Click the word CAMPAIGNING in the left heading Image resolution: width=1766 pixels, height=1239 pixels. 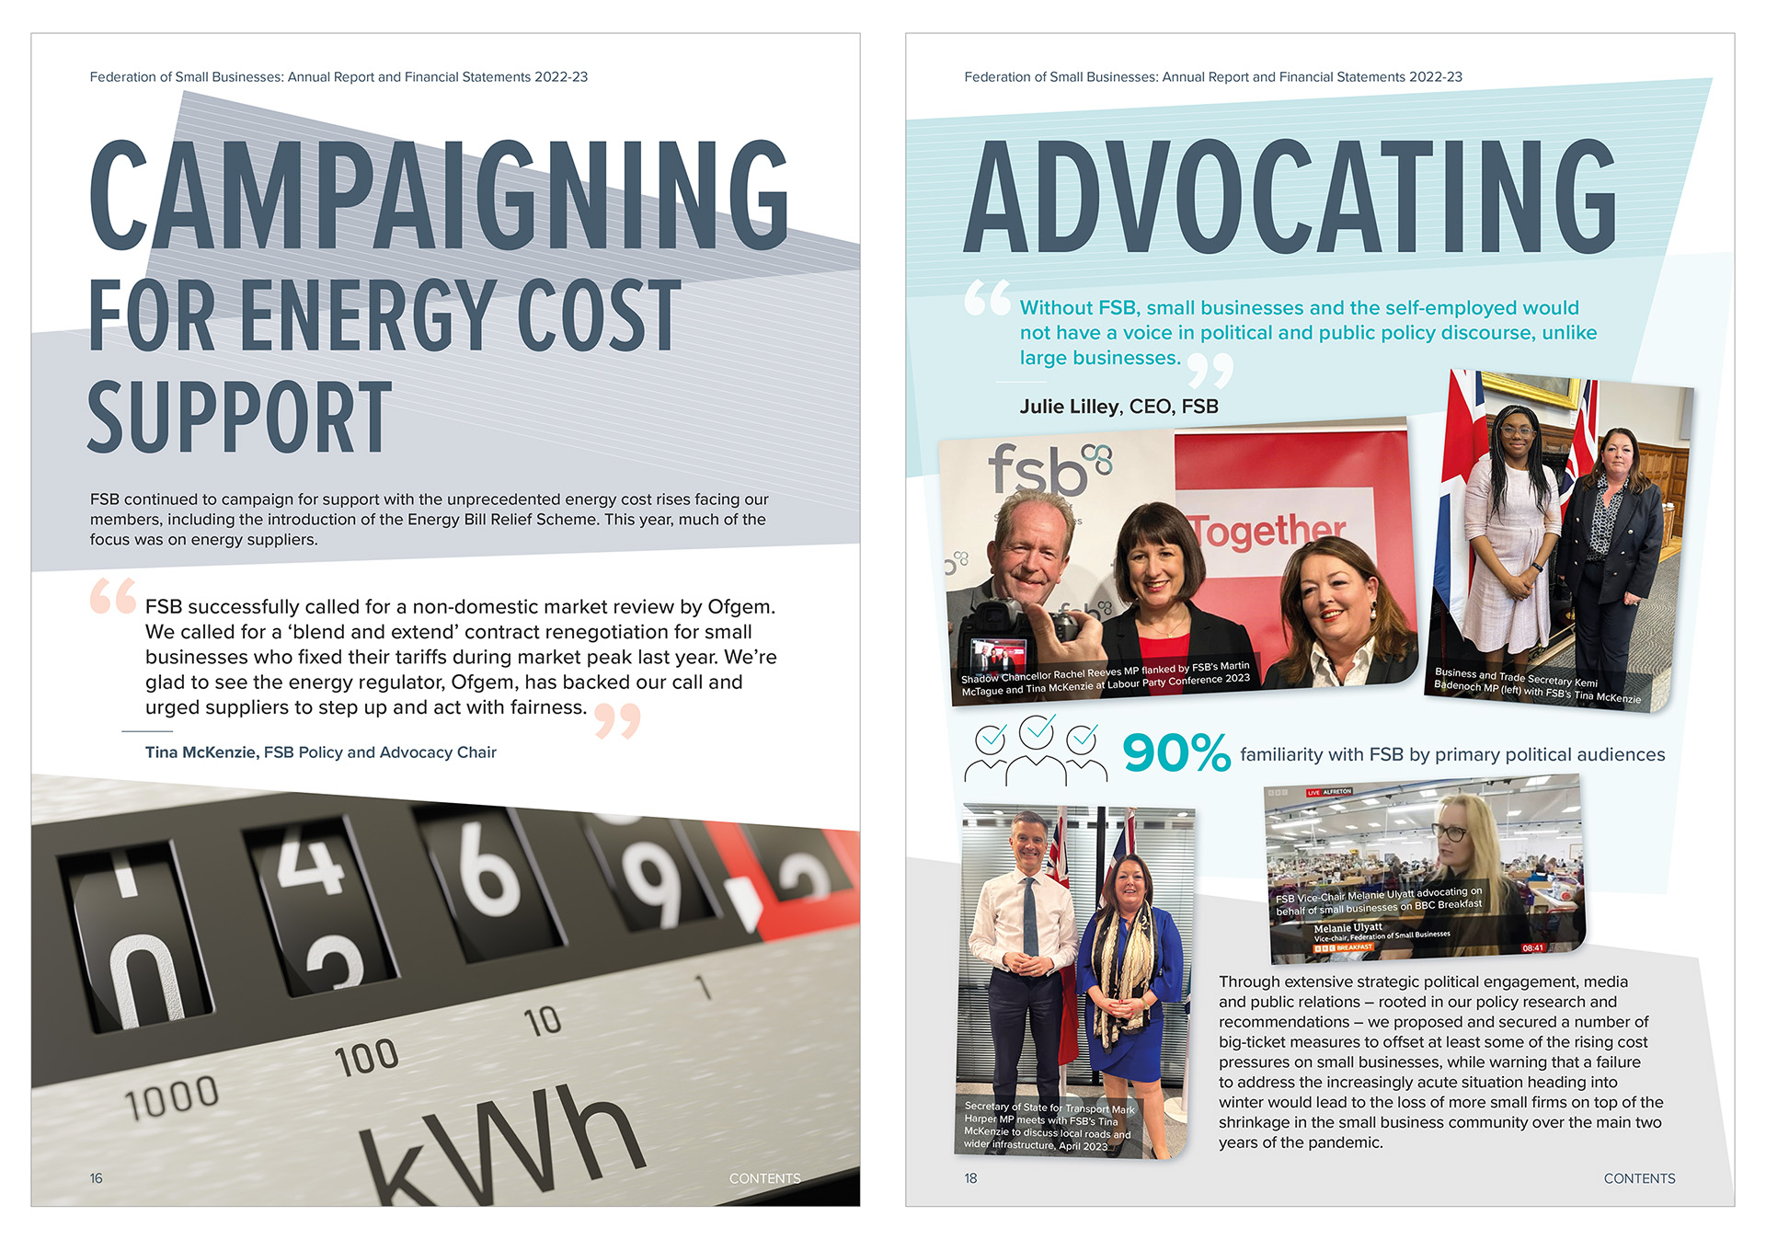click(x=439, y=195)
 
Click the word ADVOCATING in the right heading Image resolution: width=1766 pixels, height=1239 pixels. click(x=1290, y=197)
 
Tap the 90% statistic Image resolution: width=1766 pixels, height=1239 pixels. click(x=1175, y=752)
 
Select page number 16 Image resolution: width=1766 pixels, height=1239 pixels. click(x=97, y=1178)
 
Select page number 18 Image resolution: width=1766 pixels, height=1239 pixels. click(x=970, y=1178)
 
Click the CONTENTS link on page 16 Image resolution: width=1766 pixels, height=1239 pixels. click(x=764, y=1178)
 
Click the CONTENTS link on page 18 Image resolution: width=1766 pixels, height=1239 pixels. click(x=1639, y=1178)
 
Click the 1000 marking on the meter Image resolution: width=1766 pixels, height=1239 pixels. click(x=172, y=1097)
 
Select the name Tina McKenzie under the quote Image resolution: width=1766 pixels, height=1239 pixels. click(x=201, y=752)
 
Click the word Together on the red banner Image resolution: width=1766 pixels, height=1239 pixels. click(x=1267, y=531)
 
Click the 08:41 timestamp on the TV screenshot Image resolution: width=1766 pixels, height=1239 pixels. click(x=1532, y=947)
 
